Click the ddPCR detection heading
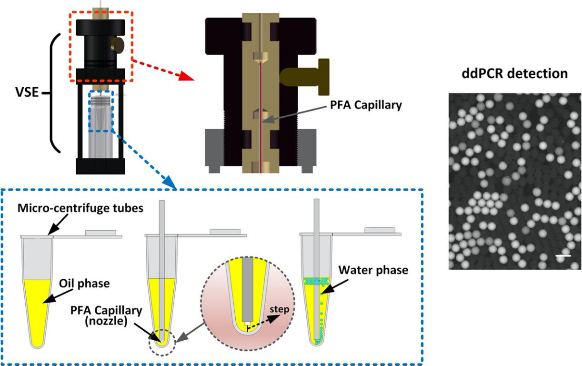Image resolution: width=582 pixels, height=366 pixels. click(515, 73)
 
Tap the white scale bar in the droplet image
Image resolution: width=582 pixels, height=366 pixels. click(562, 256)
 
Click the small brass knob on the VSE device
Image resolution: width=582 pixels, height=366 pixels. click(117, 46)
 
